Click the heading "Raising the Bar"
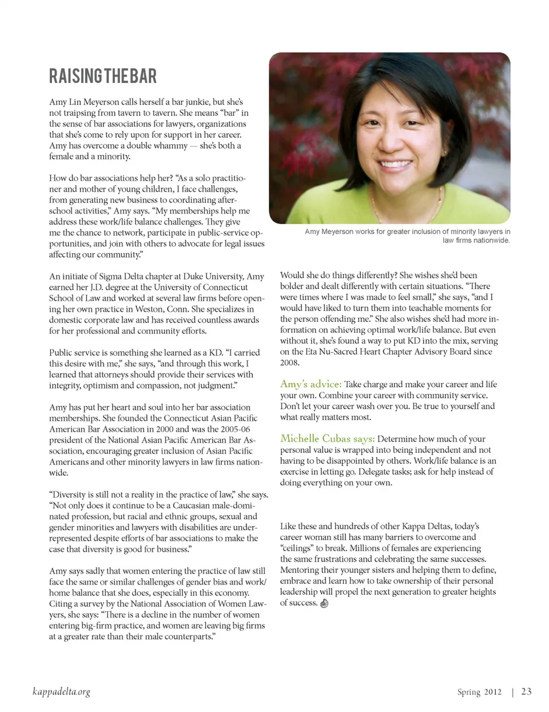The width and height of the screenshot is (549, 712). click(x=103, y=76)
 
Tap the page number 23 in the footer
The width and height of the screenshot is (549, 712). click(x=526, y=691)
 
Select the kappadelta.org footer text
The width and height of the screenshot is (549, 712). click(x=61, y=692)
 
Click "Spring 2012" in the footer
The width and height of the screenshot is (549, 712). click(x=479, y=692)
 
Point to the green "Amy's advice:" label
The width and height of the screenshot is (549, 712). click(x=311, y=384)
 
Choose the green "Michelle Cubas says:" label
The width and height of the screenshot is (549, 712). click(x=327, y=439)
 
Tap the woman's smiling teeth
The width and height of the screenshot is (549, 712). click(x=396, y=164)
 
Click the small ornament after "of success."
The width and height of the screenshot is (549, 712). click(x=324, y=603)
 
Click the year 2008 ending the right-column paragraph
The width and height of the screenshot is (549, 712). click(x=289, y=363)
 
